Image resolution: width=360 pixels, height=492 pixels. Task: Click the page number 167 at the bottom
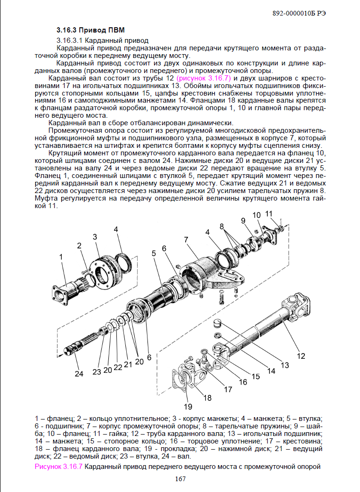(x=180, y=479)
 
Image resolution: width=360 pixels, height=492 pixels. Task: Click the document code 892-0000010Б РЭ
(x=300, y=13)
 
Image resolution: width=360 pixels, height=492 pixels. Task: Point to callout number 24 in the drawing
(x=79, y=374)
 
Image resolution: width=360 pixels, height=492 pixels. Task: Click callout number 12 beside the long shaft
(x=301, y=356)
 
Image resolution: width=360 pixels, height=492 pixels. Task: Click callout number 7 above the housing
(x=187, y=239)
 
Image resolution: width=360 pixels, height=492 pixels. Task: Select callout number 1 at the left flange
(x=61, y=257)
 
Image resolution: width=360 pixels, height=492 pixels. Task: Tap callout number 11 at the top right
(x=269, y=213)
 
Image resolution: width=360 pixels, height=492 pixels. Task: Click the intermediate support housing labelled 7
(x=203, y=273)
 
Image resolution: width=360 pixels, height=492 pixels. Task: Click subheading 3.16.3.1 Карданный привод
(x=102, y=40)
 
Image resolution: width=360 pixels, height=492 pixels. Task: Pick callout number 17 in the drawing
(x=228, y=389)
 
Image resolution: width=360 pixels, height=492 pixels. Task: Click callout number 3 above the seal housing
(x=95, y=236)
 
